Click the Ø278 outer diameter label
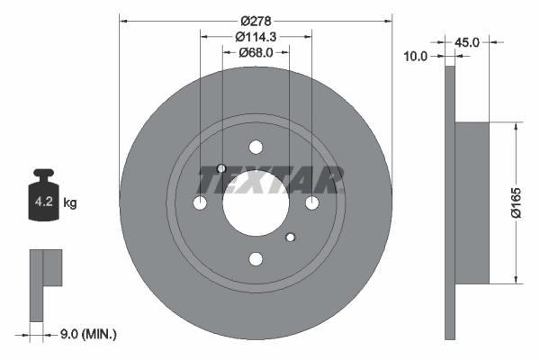coord(256,20)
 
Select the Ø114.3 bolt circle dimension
coord(256,37)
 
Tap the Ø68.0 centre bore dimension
coord(256,53)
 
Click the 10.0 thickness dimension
coord(416,56)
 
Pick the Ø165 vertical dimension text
coord(516,203)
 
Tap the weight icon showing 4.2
coord(43,199)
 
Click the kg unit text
coord(69,203)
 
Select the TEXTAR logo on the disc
coord(270,181)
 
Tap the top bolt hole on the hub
coord(256,148)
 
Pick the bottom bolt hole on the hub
coord(256,260)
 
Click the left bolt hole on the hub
coord(200,203)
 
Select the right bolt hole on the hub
coord(312,203)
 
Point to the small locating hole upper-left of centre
coord(222,168)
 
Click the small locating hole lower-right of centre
coord(290,238)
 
